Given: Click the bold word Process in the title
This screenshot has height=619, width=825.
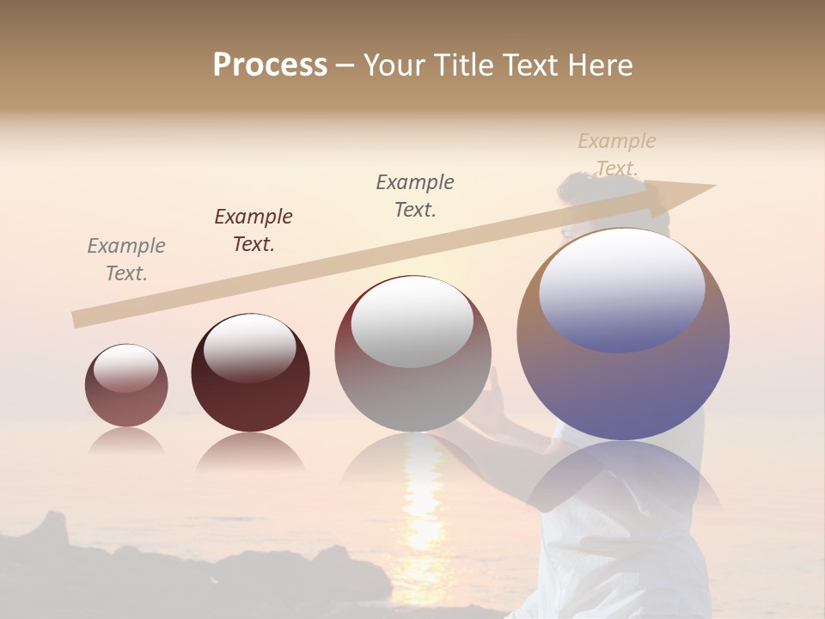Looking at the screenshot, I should coord(270,64).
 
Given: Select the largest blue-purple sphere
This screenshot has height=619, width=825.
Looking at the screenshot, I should coord(623,387).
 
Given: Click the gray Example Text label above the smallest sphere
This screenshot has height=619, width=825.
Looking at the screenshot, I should coord(126,260).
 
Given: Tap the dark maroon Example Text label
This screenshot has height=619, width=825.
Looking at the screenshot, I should coord(254,230).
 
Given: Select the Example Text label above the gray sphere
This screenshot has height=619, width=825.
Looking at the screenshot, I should coord(415,196).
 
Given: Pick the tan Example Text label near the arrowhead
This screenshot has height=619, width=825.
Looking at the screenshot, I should coord(617,154).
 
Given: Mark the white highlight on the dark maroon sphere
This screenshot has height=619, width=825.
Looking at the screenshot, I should coord(250,348).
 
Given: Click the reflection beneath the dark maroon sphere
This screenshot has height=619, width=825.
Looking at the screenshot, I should coord(250,453).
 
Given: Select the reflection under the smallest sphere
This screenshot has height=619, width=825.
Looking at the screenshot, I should coord(126,442).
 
